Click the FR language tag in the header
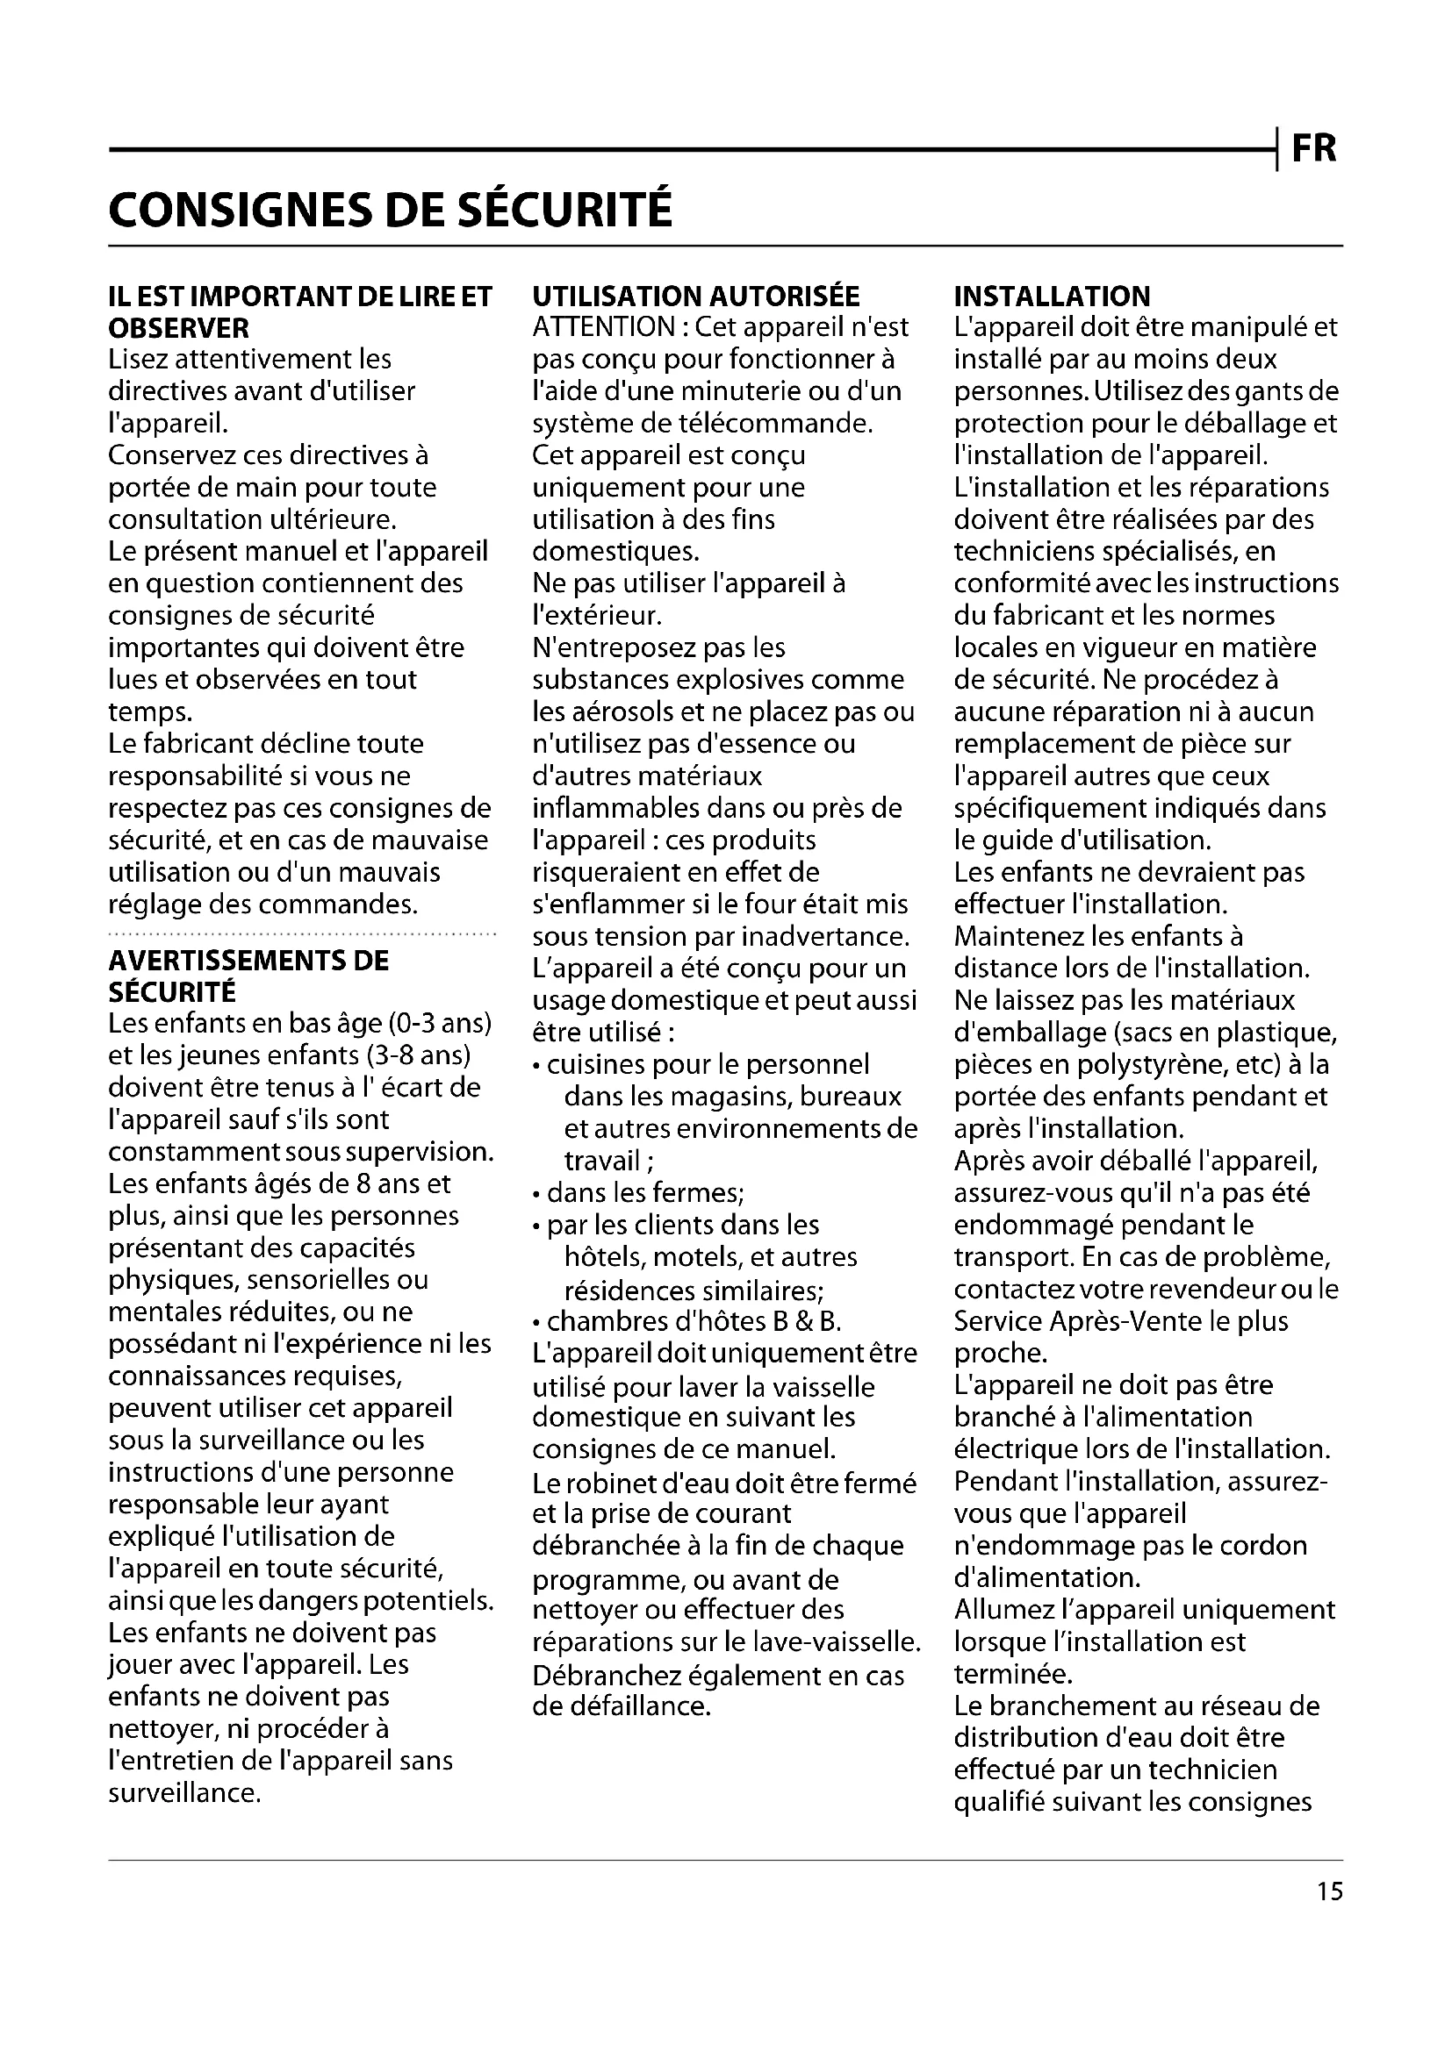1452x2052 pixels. click(1313, 148)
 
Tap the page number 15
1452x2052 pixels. click(1328, 1891)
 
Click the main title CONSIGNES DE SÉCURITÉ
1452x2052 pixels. click(390, 210)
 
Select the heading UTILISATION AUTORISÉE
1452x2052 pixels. click(695, 296)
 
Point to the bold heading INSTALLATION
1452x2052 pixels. click(1052, 296)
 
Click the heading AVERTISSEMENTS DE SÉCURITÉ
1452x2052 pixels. click(248, 976)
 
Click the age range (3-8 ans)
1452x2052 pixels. click(419, 1055)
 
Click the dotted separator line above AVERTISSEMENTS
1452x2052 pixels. click(302, 934)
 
